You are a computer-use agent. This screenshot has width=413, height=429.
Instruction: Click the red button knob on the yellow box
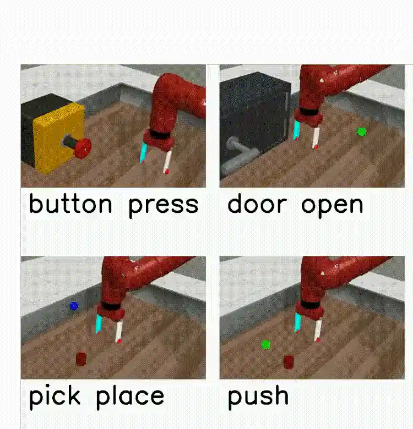pos(83,148)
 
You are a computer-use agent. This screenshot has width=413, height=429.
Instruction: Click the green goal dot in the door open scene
pos(362,132)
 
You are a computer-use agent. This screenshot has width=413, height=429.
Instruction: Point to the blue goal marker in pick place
pos(74,306)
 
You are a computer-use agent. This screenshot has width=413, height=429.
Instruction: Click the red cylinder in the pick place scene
pos(81,359)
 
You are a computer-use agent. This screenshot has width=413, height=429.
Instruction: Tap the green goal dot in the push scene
pos(265,345)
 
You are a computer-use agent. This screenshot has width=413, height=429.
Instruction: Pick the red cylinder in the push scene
pos(289,362)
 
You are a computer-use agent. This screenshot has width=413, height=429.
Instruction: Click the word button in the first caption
pos(70,204)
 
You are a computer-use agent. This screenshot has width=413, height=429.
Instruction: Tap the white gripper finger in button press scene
pos(167,162)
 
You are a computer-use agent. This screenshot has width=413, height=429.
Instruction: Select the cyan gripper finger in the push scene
pos(298,323)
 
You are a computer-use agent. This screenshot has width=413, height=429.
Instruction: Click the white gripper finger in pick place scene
pos(119,332)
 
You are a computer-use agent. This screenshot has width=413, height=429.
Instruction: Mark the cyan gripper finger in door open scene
pos(297,131)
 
